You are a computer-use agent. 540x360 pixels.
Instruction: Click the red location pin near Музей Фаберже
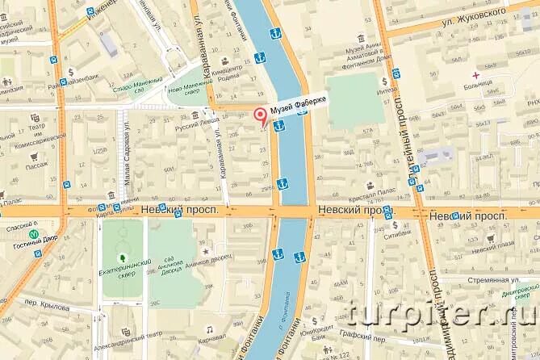click(x=260, y=115)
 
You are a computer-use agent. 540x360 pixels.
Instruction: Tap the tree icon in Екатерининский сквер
click(x=122, y=245)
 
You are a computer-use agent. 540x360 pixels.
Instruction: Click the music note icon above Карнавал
click(x=209, y=330)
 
